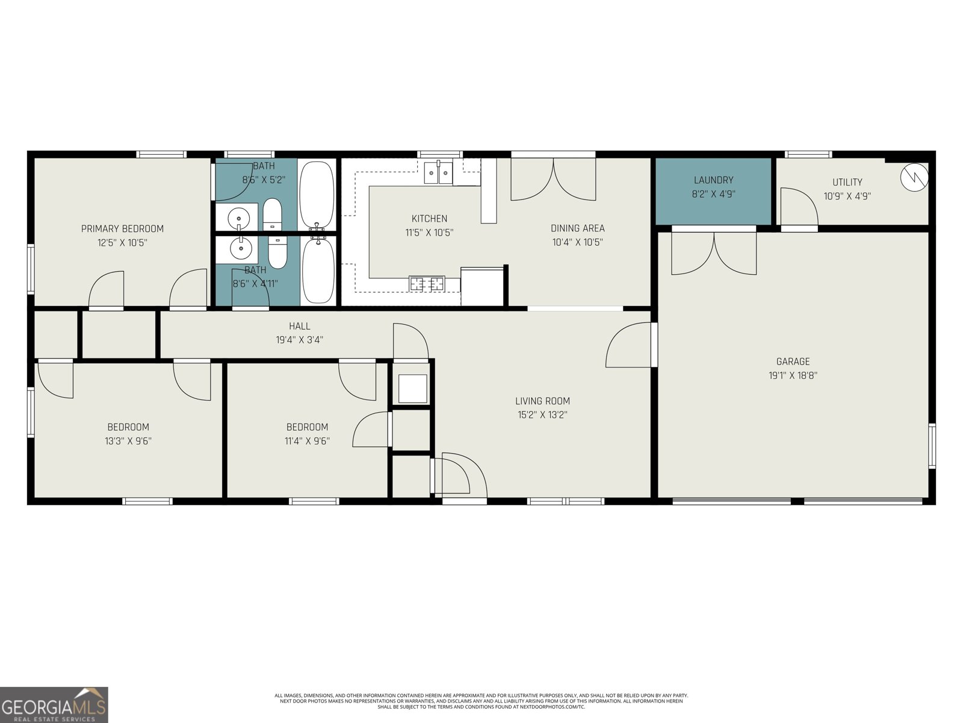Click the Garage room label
[793, 361]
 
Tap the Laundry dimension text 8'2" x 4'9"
[713, 194]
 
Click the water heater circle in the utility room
[914, 177]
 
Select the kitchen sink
[438, 173]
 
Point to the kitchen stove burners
[427, 283]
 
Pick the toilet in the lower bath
[277, 252]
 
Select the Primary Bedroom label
[122, 228]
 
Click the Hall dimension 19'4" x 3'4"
[299, 340]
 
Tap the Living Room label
[542, 401]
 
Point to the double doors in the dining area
[553, 180]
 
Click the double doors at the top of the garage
[714, 253]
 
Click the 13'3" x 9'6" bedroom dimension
[128, 441]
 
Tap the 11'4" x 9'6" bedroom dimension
[307, 441]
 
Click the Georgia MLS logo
[54, 705]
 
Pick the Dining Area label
[577, 228]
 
